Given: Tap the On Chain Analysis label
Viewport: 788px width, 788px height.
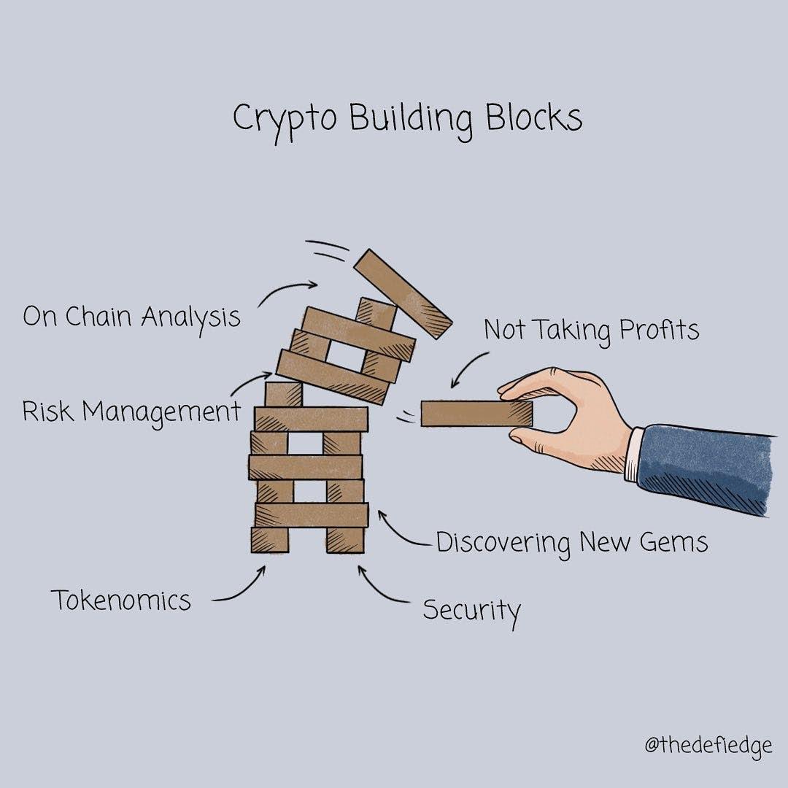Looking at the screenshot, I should click(131, 317).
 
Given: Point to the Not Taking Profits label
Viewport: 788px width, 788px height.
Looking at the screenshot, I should click(591, 331).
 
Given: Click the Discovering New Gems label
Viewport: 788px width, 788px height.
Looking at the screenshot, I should click(572, 543).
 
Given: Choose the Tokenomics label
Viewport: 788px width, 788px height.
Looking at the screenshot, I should click(121, 600).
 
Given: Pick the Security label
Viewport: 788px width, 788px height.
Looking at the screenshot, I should click(471, 610).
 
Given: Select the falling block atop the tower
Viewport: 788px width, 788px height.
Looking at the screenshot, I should click(403, 293).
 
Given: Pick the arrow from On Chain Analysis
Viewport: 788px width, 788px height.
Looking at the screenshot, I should click(286, 290).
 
